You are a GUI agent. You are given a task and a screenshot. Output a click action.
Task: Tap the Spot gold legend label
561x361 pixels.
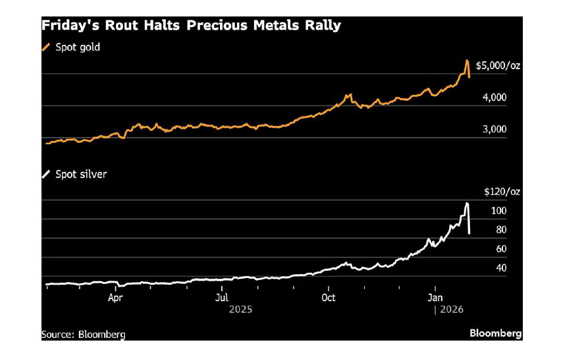pos(78,47)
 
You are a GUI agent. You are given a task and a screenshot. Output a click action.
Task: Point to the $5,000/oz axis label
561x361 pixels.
pos(498,65)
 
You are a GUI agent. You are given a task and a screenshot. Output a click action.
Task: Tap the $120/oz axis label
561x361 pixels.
pos(502,192)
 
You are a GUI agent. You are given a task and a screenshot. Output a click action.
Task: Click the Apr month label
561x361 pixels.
pos(116,298)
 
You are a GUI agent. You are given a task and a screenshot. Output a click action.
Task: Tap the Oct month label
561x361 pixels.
pos(328,298)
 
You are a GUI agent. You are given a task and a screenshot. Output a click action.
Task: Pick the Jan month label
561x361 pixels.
pos(435,298)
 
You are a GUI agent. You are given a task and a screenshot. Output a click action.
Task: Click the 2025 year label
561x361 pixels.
pos(240,308)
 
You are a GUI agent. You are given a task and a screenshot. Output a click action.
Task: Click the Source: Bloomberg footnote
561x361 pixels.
pos(83,334)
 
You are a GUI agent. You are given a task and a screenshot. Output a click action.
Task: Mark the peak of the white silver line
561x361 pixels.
pos(467,203)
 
